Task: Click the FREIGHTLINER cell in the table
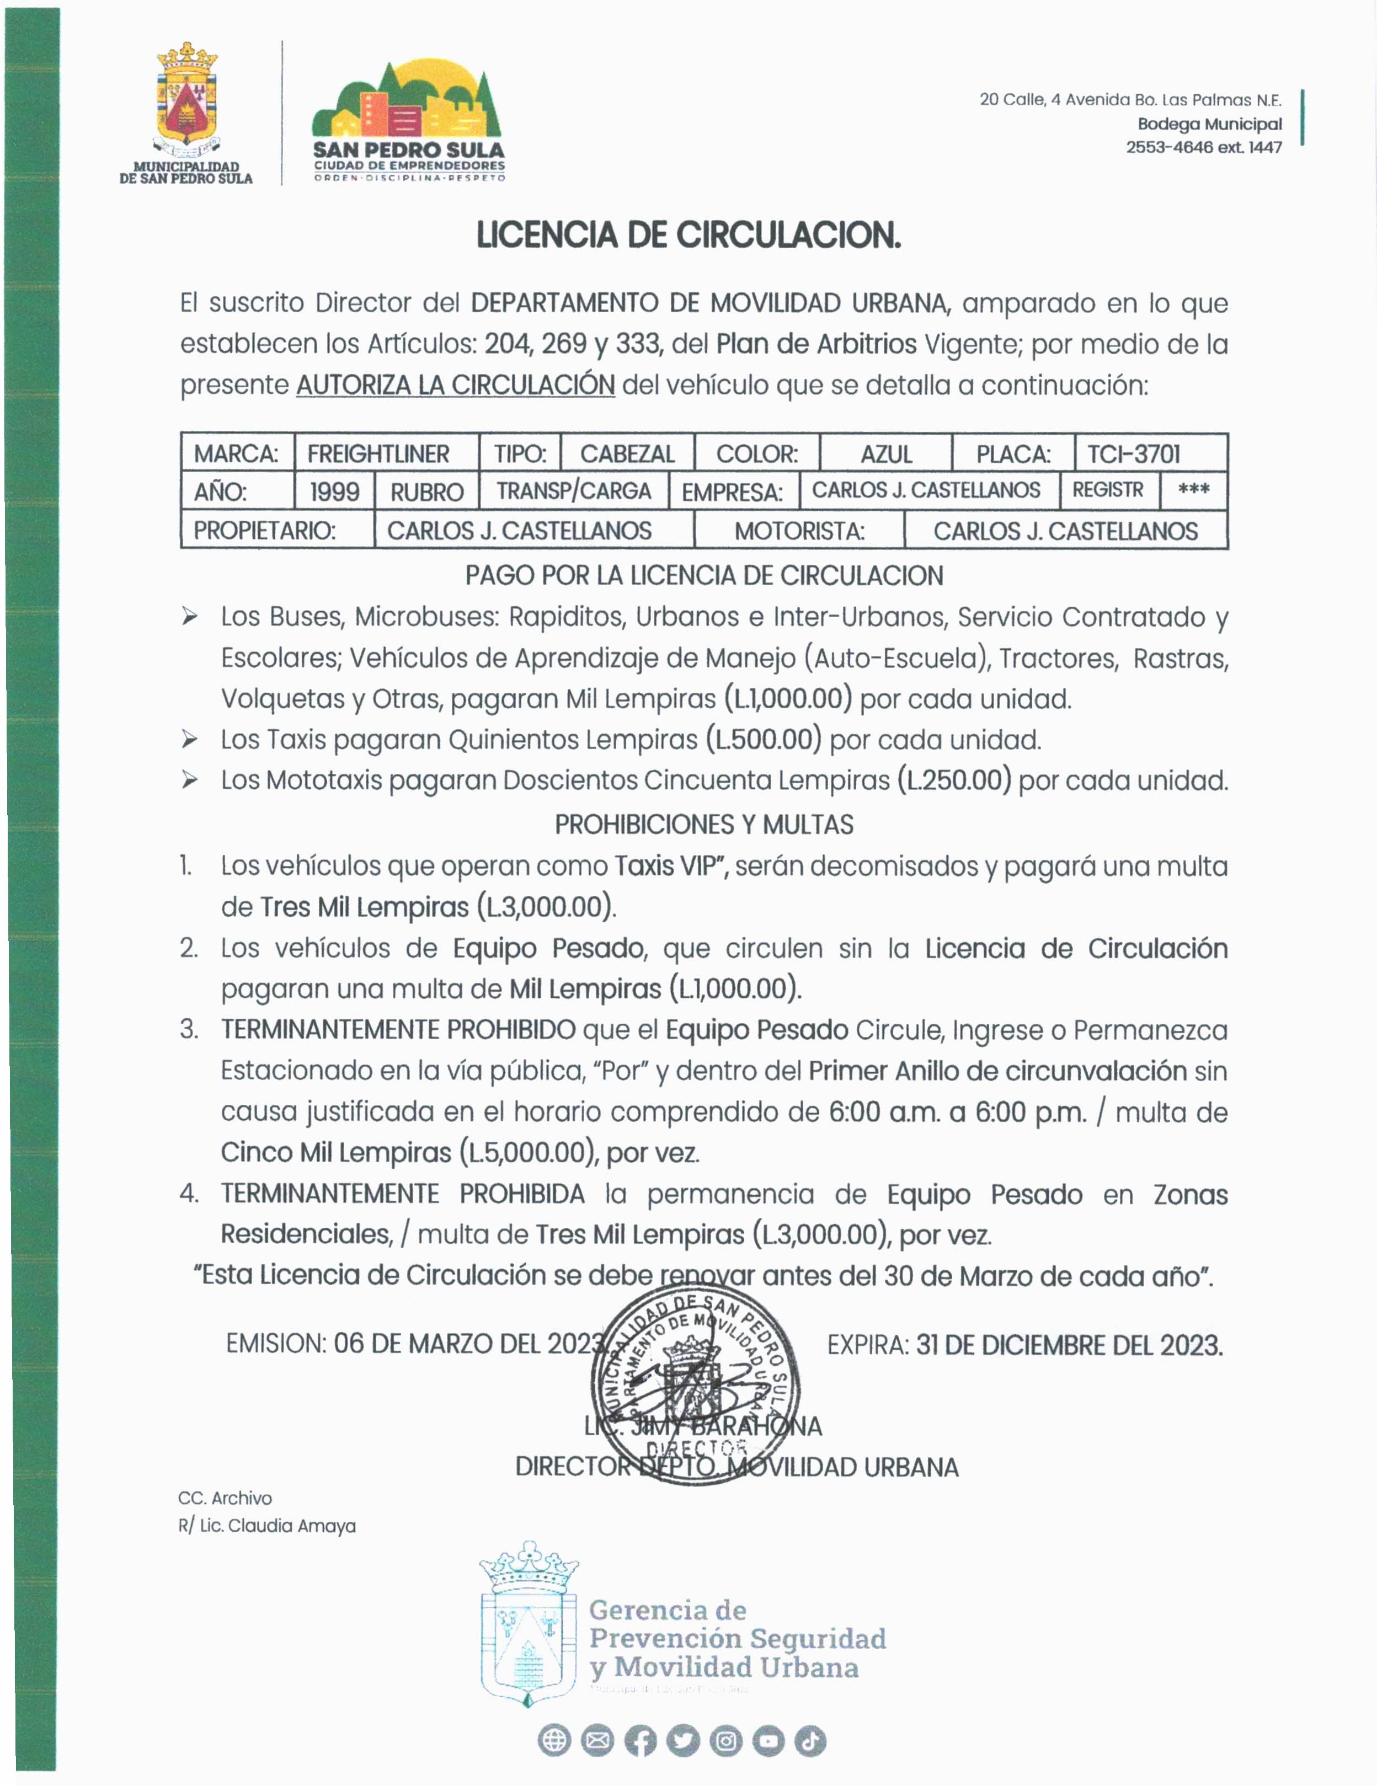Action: (x=378, y=454)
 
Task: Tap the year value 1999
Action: (x=334, y=491)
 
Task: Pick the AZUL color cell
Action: (x=887, y=454)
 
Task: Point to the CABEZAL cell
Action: (x=627, y=454)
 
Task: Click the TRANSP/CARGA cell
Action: (x=573, y=491)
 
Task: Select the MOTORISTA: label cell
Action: (x=799, y=531)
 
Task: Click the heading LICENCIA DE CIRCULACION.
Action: (x=688, y=236)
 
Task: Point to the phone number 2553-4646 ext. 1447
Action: (x=1204, y=147)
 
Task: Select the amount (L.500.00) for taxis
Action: (x=763, y=739)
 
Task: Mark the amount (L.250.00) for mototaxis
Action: (x=953, y=780)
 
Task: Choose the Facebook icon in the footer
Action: (x=641, y=1741)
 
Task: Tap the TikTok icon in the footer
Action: (x=809, y=1741)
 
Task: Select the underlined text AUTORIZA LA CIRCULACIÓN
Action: (x=456, y=384)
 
